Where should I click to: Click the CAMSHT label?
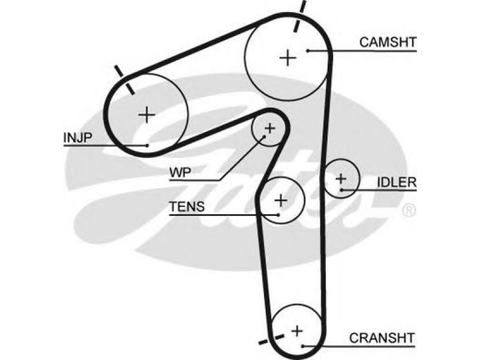388,42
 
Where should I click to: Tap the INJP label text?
77,138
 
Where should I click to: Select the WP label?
180,173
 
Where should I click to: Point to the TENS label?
187,206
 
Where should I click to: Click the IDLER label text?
397,182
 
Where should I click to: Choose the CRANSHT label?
382,338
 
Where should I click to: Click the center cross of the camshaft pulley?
288,58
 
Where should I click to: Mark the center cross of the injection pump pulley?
147,115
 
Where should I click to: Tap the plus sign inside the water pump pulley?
269,128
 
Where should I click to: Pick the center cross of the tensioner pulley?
281,200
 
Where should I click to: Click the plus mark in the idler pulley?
341,178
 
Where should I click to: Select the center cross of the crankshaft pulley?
297,331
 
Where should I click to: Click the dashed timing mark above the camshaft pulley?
299,16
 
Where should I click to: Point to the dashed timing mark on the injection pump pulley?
124,80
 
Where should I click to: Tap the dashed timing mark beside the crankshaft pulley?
271,340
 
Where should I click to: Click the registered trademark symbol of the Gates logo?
409,211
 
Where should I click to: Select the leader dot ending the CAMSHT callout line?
308,50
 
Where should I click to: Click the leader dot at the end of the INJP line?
147,145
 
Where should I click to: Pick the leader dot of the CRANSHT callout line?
302,346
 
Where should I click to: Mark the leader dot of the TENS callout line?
278,215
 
